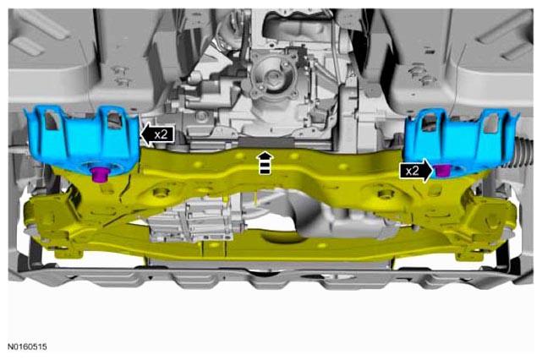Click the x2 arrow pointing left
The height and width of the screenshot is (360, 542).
click(157, 134)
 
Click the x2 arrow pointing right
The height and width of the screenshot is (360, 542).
click(416, 171)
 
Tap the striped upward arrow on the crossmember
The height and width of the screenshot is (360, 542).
click(265, 163)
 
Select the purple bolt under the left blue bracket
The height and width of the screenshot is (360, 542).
click(100, 173)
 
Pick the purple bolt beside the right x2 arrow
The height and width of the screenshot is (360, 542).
click(442, 171)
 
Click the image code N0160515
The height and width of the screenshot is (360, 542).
click(27, 346)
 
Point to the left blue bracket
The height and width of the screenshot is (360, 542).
click(83, 142)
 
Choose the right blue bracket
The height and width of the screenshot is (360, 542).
click(462, 142)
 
